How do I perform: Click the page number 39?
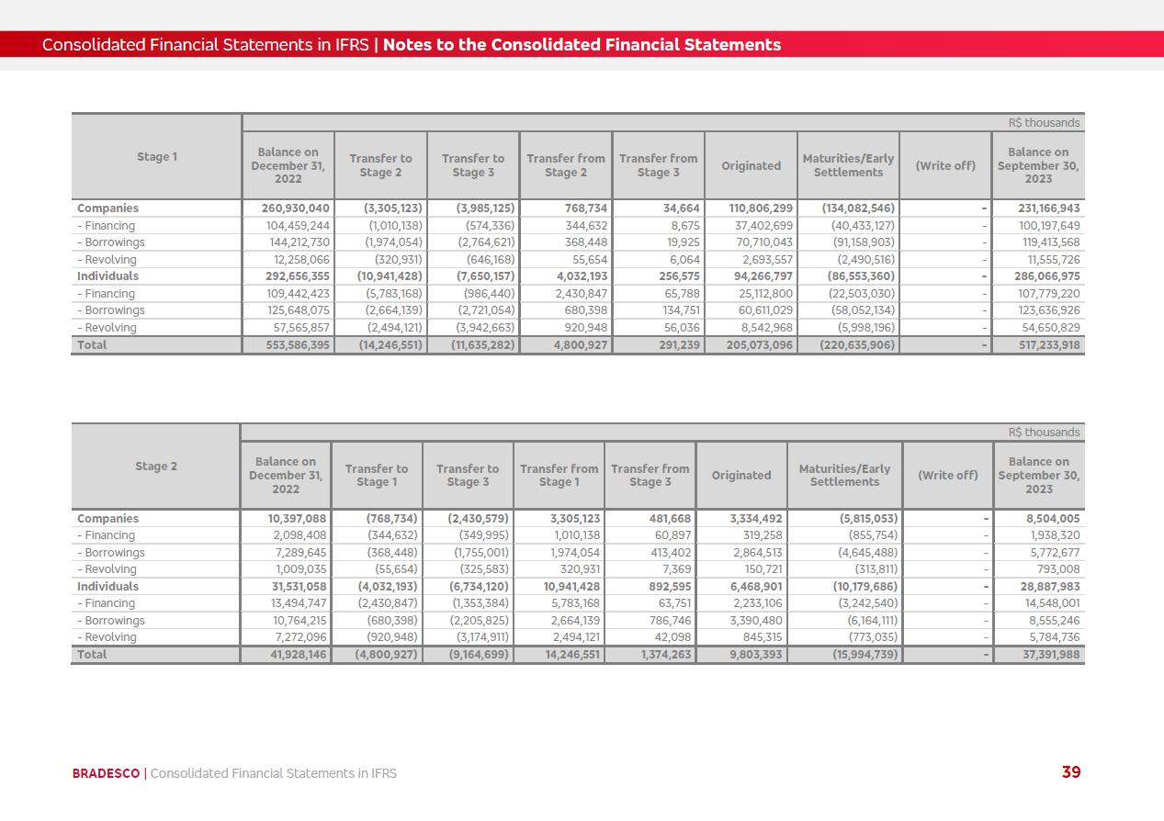pos(1070,772)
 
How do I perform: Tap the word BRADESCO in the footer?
pos(107,773)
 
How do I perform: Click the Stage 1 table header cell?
pos(156,157)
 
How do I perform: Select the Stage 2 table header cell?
pos(156,467)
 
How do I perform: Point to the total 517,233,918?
pos(1038,345)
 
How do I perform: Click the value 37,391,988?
pos(1041,655)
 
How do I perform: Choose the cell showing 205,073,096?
pos(752,345)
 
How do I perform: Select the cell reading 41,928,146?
pos(286,655)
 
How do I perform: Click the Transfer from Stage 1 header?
pos(559,476)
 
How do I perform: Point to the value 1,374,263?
pos(653,655)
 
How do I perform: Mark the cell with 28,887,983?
pos(1041,587)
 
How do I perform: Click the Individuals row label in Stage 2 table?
pos(107,587)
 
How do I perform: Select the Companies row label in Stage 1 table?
pos(107,208)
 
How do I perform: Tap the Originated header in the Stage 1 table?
pos(751,166)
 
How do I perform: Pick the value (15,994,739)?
pos(846,655)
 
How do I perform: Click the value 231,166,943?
pos(1038,208)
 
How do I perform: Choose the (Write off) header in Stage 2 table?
pos(947,476)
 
